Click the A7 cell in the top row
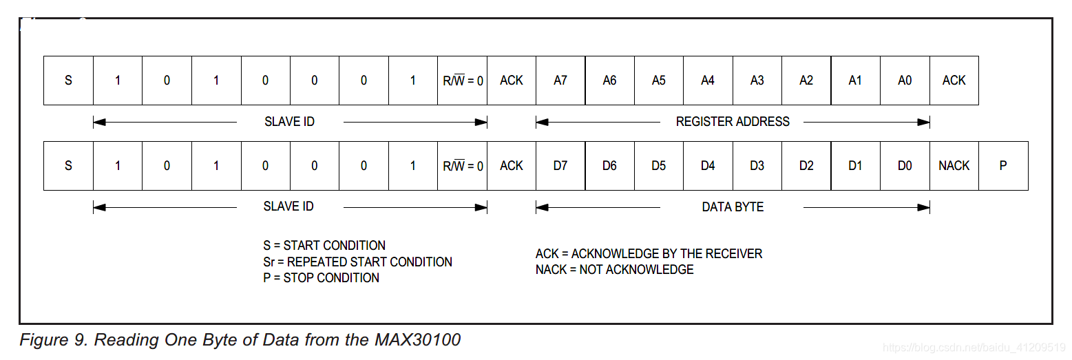(x=560, y=81)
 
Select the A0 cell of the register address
(x=905, y=81)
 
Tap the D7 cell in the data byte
(x=560, y=166)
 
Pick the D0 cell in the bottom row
(x=905, y=166)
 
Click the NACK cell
(x=954, y=166)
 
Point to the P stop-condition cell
(x=1003, y=166)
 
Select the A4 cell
(x=708, y=81)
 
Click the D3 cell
(x=757, y=166)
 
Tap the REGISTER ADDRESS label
(x=733, y=122)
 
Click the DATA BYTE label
(x=733, y=207)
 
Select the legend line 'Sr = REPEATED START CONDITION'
(x=357, y=262)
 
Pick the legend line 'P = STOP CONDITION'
(x=321, y=278)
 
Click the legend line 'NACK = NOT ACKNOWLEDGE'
(x=614, y=270)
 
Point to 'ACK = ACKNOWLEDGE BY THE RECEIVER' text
(x=649, y=254)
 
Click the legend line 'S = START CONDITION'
(x=324, y=246)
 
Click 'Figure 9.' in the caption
(x=54, y=340)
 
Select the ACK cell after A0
(x=954, y=81)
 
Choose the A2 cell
(x=806, y=81)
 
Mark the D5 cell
(x=659, y=166)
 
